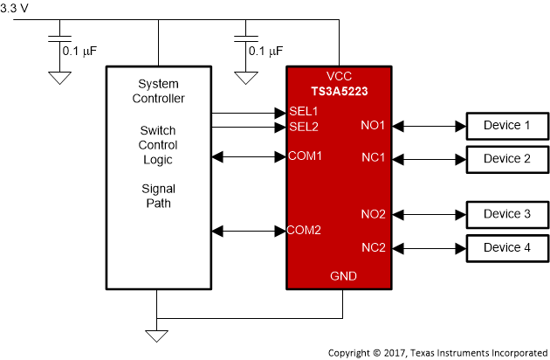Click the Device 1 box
507,126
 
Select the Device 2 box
507,159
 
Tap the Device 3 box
507,214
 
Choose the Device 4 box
507,247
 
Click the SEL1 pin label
304,112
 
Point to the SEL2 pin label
304,127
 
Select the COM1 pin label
306,156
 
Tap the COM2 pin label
306,231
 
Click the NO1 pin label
373,126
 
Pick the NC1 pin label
373,159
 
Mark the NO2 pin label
373,214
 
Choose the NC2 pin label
373,247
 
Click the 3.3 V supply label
15,7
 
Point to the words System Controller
158,91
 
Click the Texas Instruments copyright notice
437,352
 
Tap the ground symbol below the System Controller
158,336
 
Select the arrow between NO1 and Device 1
427,126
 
